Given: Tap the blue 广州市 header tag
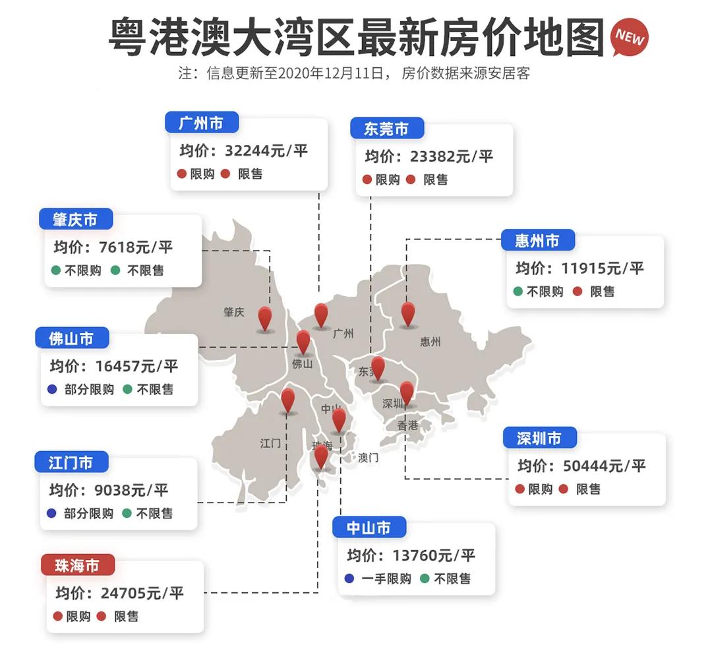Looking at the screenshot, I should pos(201,123).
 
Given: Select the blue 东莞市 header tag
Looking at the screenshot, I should pos(386,129).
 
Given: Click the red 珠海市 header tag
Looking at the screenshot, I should pos(78,565).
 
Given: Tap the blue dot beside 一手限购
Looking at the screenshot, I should pos(349,578).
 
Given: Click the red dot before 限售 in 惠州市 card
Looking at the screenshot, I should pos(578,291).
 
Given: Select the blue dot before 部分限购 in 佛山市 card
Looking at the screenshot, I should pos(53,389).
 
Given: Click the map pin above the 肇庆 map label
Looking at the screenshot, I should pos(264,318).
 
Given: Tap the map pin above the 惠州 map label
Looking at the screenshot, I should pos(408,314).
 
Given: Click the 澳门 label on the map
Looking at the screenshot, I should pos(369,458).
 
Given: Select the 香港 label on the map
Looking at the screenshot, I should pos(407,425).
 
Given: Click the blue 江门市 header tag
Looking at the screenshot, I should pos(71,462).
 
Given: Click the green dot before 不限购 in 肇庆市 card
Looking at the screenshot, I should pos(56,270).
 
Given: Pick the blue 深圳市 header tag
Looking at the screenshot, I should pos(539,438).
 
